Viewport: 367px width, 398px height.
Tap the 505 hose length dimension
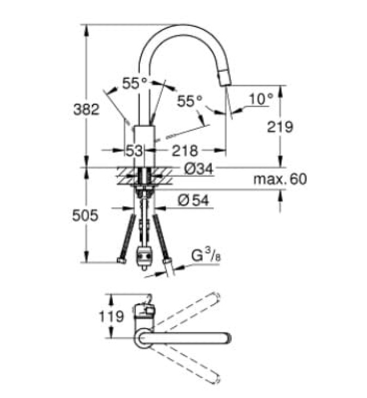85,215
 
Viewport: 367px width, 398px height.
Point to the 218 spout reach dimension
185,151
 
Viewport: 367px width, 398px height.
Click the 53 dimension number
134,151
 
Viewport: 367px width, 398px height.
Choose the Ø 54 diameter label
192,200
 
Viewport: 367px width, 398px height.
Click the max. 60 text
280,180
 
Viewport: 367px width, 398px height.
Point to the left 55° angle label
134,83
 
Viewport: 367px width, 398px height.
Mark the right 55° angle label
189,101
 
